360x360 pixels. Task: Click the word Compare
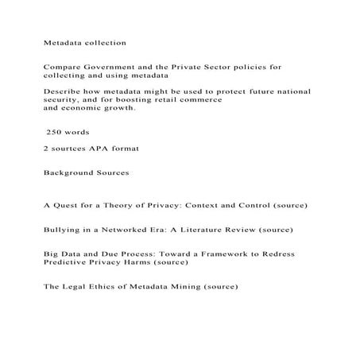[x=61, y=68]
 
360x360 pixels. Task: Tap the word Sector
[x=222, y=68]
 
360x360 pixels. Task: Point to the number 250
[x=56, y=132]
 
